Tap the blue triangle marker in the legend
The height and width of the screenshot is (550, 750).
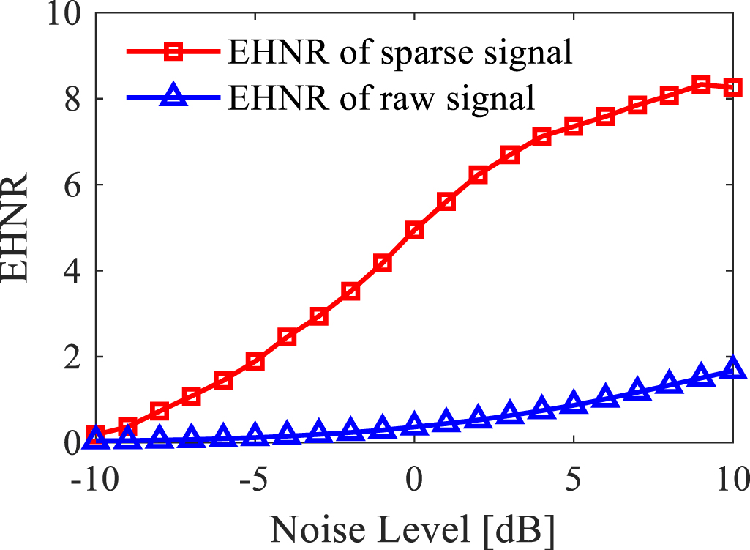click(x=174, y=97)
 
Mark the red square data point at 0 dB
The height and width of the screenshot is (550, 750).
click(x=414, y=231)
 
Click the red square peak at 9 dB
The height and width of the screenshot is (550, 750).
click(x=701, y=84)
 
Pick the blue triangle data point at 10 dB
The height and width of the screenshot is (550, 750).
click(x=733, y=368)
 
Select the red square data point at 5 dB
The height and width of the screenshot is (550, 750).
click(x=574, y=127)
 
